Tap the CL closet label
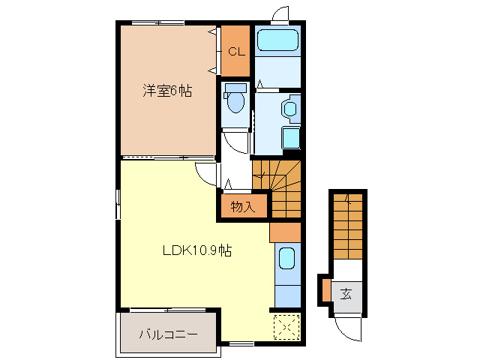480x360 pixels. [x=235, y=52]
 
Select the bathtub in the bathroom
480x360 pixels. [x=277, y=41]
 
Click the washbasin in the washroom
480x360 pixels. [x=290, y=108]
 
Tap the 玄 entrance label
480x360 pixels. [x=346, y=293]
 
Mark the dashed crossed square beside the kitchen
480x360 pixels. [x=286, y=326]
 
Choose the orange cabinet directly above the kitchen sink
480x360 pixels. [x=284, y=232]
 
